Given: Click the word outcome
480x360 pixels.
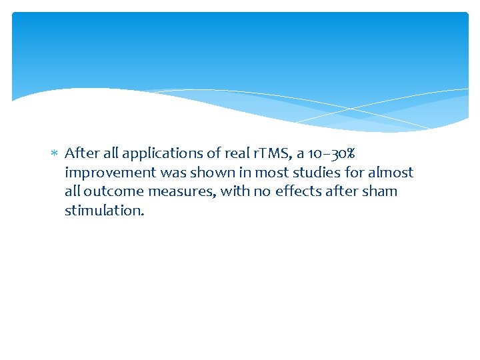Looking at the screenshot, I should point(117,191).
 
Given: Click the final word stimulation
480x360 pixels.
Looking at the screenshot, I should point(103,211).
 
